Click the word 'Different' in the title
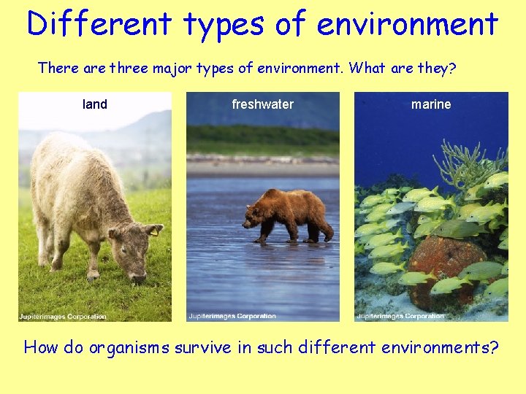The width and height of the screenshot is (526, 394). pyautogui.click(x=100, y=24)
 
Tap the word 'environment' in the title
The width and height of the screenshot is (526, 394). pyautogui.click(x=407, y=24)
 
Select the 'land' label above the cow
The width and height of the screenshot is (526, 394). pyautogui.click(x=95, y=104)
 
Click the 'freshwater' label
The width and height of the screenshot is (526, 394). pyautogui.click(x=262, y=104)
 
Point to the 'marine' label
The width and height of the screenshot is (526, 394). pyautogui.click(x=431, y=104)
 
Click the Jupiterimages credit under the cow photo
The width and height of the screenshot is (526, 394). pyautogui.click(x=63, y=317)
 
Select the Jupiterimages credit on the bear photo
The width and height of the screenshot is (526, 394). pyautogui.click(x=232, y=317)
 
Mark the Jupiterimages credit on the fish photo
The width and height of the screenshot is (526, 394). pyautogui.click(x=400, y=317)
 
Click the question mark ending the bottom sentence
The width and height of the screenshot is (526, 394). pyautogui.click(x=495, y=347)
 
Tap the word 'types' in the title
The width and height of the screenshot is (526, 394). pyautogui.click(x=224, y=24)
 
